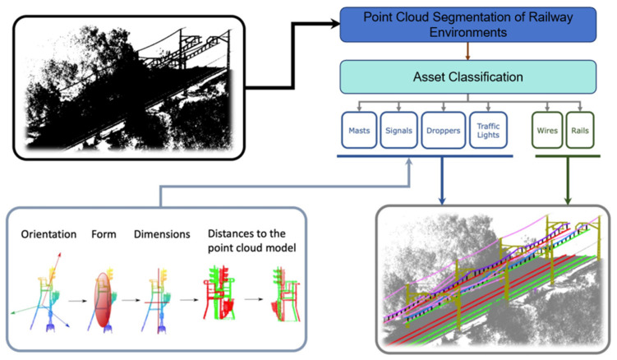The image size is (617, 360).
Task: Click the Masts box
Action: pos(359,130)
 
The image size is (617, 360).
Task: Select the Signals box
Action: pos(398,130)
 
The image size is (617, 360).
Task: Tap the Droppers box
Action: pos(443,130)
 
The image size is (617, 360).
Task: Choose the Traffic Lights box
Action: pos(488,130)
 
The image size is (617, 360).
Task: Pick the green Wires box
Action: pos(547,130)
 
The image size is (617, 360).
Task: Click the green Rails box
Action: pos(579,130)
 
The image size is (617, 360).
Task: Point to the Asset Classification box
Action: pos(467,76)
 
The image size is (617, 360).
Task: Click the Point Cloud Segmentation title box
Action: pos(467,25)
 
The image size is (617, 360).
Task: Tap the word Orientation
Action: pos(48,234)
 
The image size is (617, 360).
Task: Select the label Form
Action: pos(104,234)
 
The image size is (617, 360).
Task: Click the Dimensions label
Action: pos(162,234)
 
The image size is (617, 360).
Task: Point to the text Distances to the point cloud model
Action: pos(252,241)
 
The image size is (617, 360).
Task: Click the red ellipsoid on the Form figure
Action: pos(103,300)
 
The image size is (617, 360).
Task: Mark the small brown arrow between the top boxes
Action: pos(467,51)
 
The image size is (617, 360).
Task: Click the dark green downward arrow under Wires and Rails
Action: pos(568,180)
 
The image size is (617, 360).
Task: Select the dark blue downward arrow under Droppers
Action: pos(442,180)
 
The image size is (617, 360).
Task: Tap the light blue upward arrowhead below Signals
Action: pos(409,161)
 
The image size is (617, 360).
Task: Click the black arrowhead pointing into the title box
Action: pos(336,24)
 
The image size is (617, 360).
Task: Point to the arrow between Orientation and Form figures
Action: pos(77,301)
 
